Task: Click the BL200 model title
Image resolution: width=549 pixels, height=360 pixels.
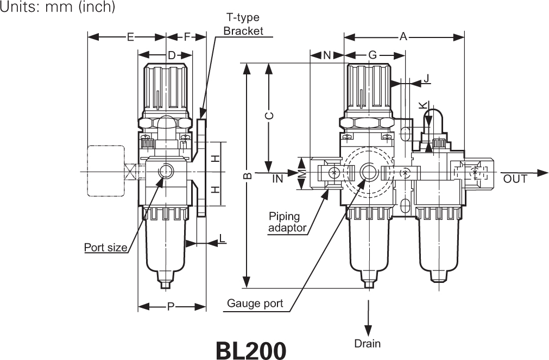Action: click(x=250, y=350)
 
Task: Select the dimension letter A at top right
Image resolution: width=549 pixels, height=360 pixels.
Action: click(x=403, y=37)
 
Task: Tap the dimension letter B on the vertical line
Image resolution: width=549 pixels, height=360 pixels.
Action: click(x=247, y=176)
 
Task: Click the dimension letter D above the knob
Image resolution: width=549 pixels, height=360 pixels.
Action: click(x=171, y=55)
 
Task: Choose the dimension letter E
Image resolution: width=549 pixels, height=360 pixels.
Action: click(x=130, y=37)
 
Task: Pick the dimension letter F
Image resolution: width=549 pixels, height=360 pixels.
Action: click(x=187, y=37)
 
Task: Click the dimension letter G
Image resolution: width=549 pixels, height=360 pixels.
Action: click(x=372, y=55)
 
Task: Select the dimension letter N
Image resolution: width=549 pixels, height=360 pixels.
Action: click(x=327, y=55)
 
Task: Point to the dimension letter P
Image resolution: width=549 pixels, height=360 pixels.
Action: click(x=171, y=307)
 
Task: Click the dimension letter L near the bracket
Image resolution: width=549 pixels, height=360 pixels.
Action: click(x=223, y=238)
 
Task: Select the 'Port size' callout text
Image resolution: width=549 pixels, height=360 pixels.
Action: click(x=106, y=248)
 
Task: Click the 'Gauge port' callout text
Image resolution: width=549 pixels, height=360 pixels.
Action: click(x=255, y=304)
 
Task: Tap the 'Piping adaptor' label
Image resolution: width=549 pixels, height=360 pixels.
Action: click(x=287, y=223)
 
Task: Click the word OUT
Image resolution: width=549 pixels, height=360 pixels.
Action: click(x=515, y=179)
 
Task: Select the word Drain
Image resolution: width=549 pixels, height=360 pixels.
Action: click(x=368, y=343)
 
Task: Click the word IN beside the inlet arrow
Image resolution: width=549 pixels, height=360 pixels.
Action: click(x=278, y=179)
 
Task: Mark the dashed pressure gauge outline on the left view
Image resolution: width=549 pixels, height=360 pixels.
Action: click(x=105, y=170)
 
